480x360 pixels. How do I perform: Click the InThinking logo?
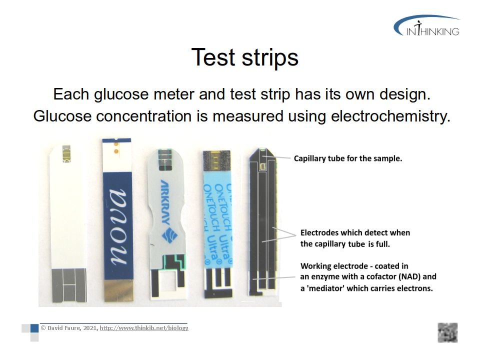pyautogui.click(x=426, y=25)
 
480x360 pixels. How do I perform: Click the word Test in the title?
pyautogui.click(x=213, y=57)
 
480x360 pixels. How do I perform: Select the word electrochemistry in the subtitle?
pyautogui.click(x=391, y=116)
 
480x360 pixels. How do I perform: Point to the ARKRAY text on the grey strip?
pyautogui.click(x=165, y=202)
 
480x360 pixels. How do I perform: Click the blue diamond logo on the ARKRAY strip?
pyautogui.click(x=169, y=236)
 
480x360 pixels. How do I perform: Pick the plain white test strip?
pyautogui.click(x=68, y=223)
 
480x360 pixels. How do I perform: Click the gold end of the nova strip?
pyautogui.click(x=118, y=290)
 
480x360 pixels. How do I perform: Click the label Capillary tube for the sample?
pyautogui.click(x=348, y=158)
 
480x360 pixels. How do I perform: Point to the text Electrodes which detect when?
pyautogui.click(x=355, y=232)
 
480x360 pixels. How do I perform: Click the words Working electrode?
pyautogui.click(x=334, y=265)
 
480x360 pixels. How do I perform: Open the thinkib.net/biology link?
pyautogui.click(x=144, y=328)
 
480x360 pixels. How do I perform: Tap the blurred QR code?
pyautogui.click(x=447, y=332)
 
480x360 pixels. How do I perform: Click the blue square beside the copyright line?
pyautogui.click(x=34, y=328)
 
